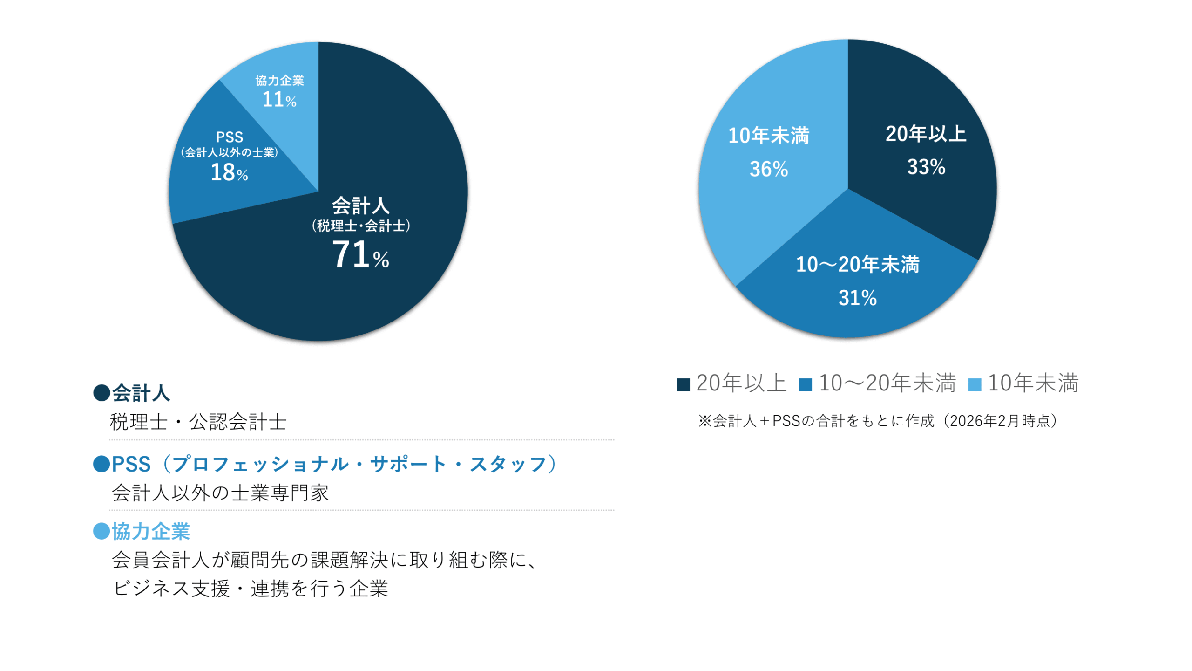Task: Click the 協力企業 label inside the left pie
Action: pyautogui.click(x=279, y=80)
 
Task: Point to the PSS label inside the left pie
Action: pyautogui.click(x=229, y=137)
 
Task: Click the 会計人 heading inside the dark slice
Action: pyautogui.click(x=360, y=205)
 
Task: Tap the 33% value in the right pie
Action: pyautogui.click(x=926, y=167)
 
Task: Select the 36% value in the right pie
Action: pyautogui.click(x=768, y=169)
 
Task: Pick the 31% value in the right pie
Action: pyautogui.click(x=857, y=298)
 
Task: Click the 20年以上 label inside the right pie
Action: pyautogui.click(x=926, y=134)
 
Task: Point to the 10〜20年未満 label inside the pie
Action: pyautogui.click(x=857, y=264)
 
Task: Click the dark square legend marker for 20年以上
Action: pyautogui.click(x=683, y=384)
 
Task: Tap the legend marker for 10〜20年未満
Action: pyautogui.click(x=805, y=384)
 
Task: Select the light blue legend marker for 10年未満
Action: pyautogui.click(x=975, y=384)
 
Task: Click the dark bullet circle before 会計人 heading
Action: pyautogui.click(x=102, y=393)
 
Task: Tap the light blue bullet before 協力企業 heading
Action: pyautogui.click(x=102, y=531)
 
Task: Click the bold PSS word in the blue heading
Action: pyautogui.click(x=131, y=464)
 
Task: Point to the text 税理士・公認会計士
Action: pyautogui.click(x=198, y=422)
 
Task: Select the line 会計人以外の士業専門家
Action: pyautogui.click(x=220, y=493)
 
